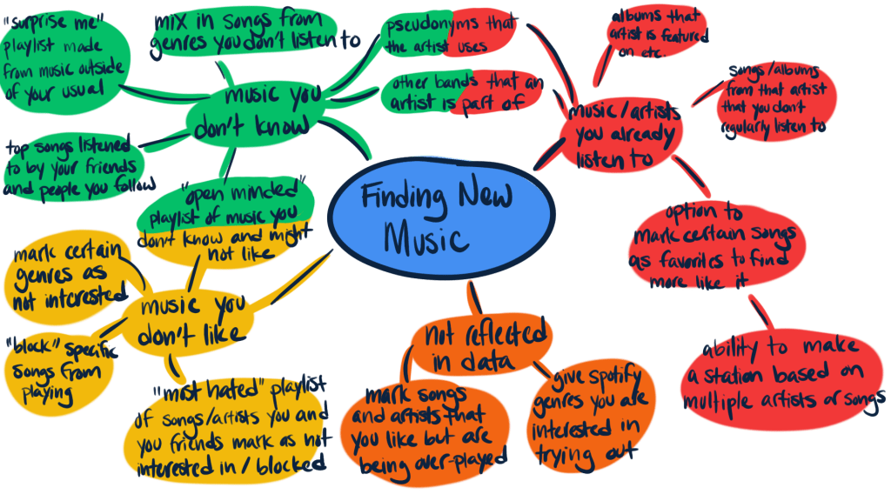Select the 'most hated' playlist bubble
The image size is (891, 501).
click(x=231, y=426)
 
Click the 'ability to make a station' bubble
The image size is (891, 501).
click(x=780, y=375)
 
